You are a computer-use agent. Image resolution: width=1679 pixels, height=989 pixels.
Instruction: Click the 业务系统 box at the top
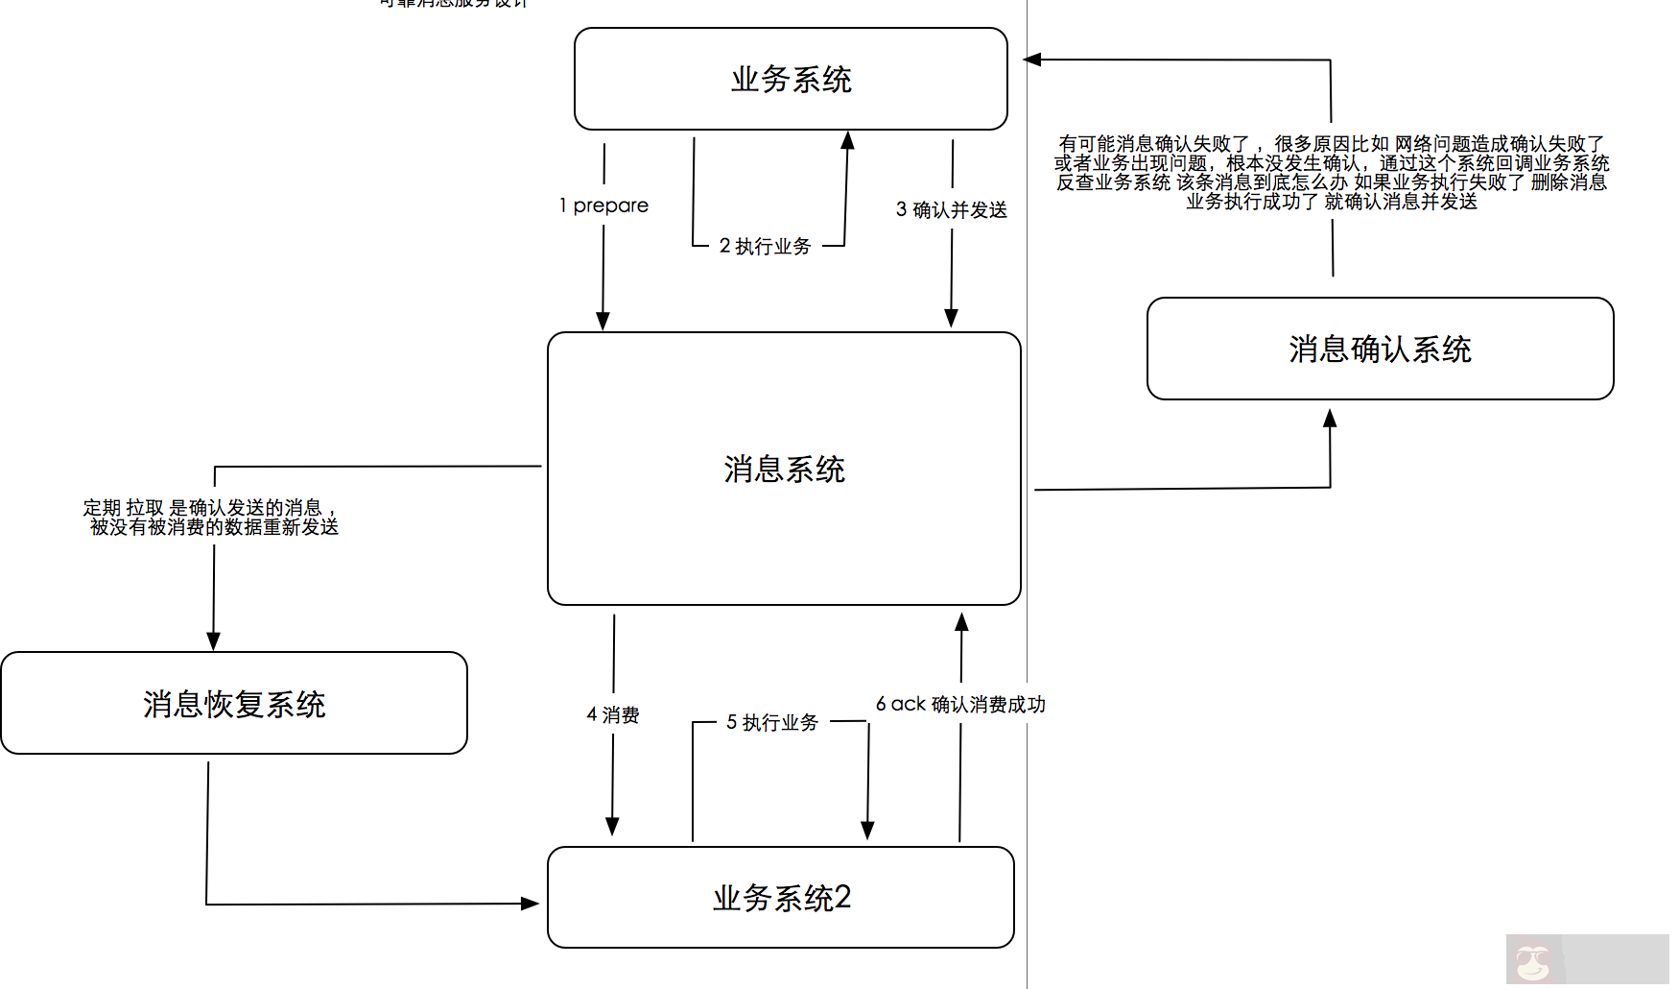[791, 79]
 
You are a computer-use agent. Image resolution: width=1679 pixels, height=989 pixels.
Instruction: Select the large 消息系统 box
[784, 469]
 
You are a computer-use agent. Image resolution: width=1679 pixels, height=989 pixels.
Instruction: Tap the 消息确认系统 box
[1380, 349]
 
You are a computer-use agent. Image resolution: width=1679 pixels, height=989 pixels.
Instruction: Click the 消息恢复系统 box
[234, 704]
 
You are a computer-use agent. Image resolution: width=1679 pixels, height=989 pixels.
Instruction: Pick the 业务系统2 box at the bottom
[781, 898]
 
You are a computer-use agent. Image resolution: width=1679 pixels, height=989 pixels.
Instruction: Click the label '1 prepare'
[604, 205]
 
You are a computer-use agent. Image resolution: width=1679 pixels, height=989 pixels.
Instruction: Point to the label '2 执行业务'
[765, 246]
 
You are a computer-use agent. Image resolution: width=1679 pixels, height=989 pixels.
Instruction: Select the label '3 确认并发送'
[952, 209]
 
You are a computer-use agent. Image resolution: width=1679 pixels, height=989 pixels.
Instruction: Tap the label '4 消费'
[613, 715]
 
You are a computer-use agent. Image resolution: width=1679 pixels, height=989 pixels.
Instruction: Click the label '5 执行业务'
[772, 722]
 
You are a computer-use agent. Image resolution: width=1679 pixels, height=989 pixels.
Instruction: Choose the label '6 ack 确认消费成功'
[960, 704]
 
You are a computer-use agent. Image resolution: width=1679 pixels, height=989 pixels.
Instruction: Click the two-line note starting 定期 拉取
[211, 517]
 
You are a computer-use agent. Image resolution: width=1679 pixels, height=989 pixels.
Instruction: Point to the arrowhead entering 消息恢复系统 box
[213, 641]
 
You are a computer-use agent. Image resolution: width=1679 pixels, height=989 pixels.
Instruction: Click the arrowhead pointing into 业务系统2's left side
[530, 904]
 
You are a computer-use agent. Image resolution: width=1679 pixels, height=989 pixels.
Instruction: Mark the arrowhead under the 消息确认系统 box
[1330, 419]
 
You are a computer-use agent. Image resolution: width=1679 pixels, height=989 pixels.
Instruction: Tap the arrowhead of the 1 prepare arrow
[603, 321]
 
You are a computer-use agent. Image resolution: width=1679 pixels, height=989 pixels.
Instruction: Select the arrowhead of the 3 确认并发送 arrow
[951, 318]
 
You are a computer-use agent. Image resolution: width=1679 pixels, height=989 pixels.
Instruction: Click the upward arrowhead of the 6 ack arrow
[961, 622]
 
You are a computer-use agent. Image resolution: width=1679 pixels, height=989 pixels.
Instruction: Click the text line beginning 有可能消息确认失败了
[1332, 144]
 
